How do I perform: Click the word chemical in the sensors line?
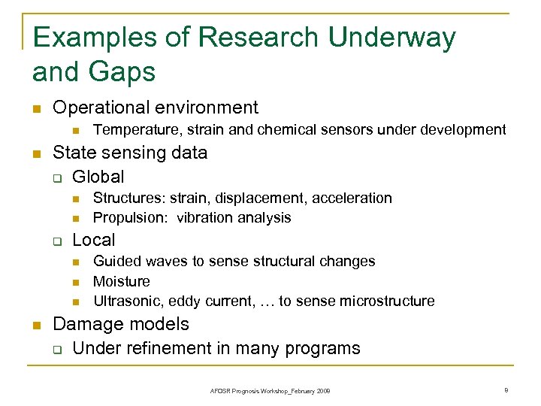click(291, 130)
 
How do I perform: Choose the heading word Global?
click(98, 177)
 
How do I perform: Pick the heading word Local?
click(94, 240)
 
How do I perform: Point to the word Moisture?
click(122, 281)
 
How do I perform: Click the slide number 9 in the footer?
click(507, 390)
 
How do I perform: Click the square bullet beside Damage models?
click(35, 326)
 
